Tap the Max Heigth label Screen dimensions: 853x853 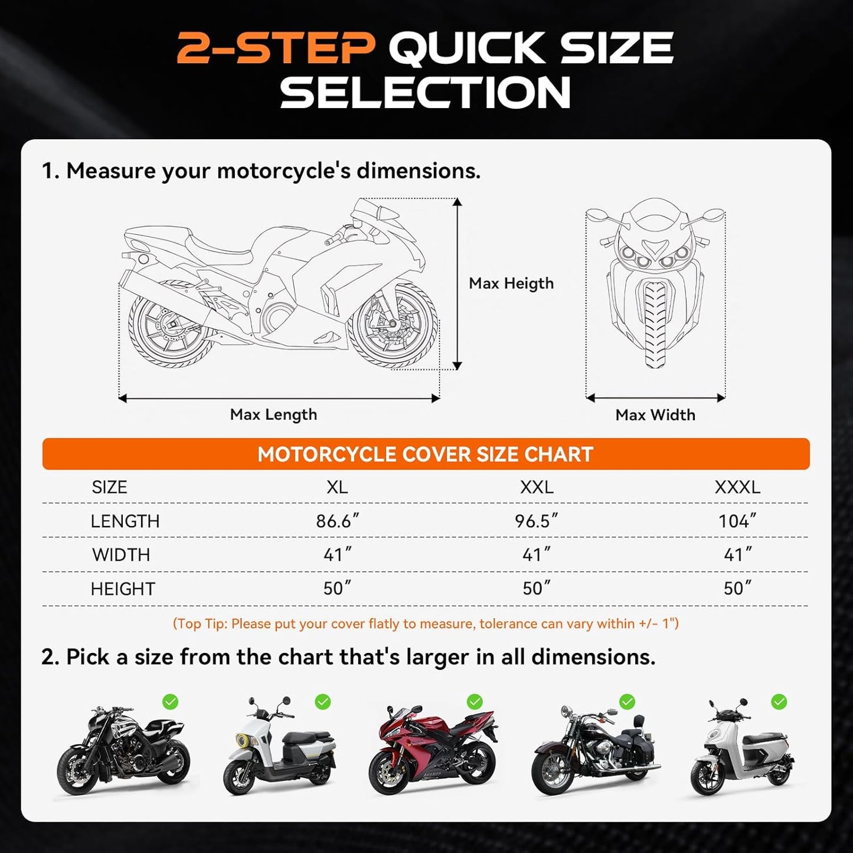511,284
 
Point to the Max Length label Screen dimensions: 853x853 273,414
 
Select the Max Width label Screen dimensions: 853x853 655,415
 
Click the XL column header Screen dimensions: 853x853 337,487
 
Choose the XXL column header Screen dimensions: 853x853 537,487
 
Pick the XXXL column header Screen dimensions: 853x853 737,487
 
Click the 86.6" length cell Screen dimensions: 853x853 337,521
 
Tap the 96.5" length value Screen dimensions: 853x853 536,521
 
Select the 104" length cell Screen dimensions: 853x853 737,521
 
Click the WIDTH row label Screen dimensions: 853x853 121,555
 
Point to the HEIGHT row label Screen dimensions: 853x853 123,589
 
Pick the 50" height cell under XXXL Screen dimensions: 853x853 737,589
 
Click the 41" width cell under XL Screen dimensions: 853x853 337,555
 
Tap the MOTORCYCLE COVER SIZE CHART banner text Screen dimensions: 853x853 425,455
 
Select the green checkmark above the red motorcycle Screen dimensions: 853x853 475,702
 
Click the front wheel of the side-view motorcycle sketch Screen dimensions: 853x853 392,325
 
